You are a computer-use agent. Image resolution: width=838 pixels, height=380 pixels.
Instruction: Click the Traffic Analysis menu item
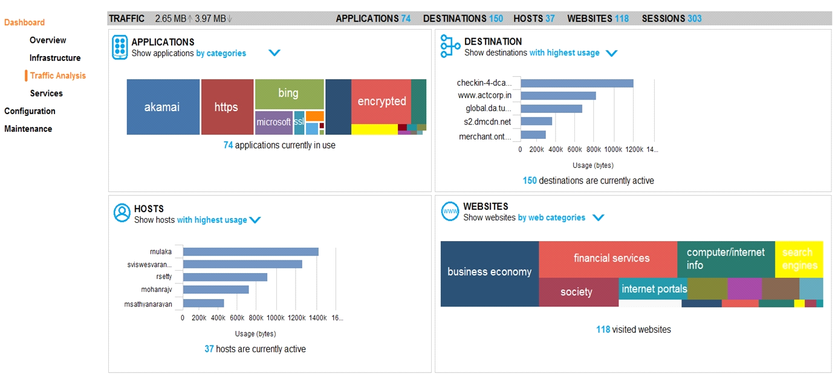tap(58, 76)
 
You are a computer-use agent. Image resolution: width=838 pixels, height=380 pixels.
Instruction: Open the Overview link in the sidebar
tap(48, 40)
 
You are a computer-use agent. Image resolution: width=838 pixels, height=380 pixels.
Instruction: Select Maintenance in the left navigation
tap(28, 129)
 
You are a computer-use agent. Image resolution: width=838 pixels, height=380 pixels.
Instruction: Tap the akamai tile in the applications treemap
tap(162, 107)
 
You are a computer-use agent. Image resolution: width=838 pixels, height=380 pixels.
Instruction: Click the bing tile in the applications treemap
tap(288, 93)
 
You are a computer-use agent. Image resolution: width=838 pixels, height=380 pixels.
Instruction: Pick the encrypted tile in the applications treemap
tap(381, 101)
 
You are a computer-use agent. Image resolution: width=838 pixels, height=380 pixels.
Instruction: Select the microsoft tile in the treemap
tap(273, 123)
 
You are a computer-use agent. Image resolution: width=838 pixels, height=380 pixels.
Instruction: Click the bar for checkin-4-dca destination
tap(577, 83)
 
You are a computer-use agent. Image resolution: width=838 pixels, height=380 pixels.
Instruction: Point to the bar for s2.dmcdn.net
tap(536, 121)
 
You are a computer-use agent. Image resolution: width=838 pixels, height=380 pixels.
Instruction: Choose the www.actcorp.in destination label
tap(484, 95)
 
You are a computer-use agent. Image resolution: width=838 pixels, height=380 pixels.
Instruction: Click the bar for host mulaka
tap(250, 251)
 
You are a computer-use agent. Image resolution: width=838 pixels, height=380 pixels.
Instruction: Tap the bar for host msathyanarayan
tap(203, 303)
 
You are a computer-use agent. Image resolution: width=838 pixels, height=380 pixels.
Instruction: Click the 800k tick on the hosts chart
tap(256, 318)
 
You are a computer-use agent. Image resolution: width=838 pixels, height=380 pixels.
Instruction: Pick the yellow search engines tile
tap(799, 259)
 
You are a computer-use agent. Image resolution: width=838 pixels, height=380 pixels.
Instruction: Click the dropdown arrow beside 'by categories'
tap(274, 53)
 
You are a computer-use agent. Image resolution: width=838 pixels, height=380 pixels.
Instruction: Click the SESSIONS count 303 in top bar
tap(694, 19)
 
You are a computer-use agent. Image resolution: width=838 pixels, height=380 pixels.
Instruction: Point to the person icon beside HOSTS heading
tap(122, 213)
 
